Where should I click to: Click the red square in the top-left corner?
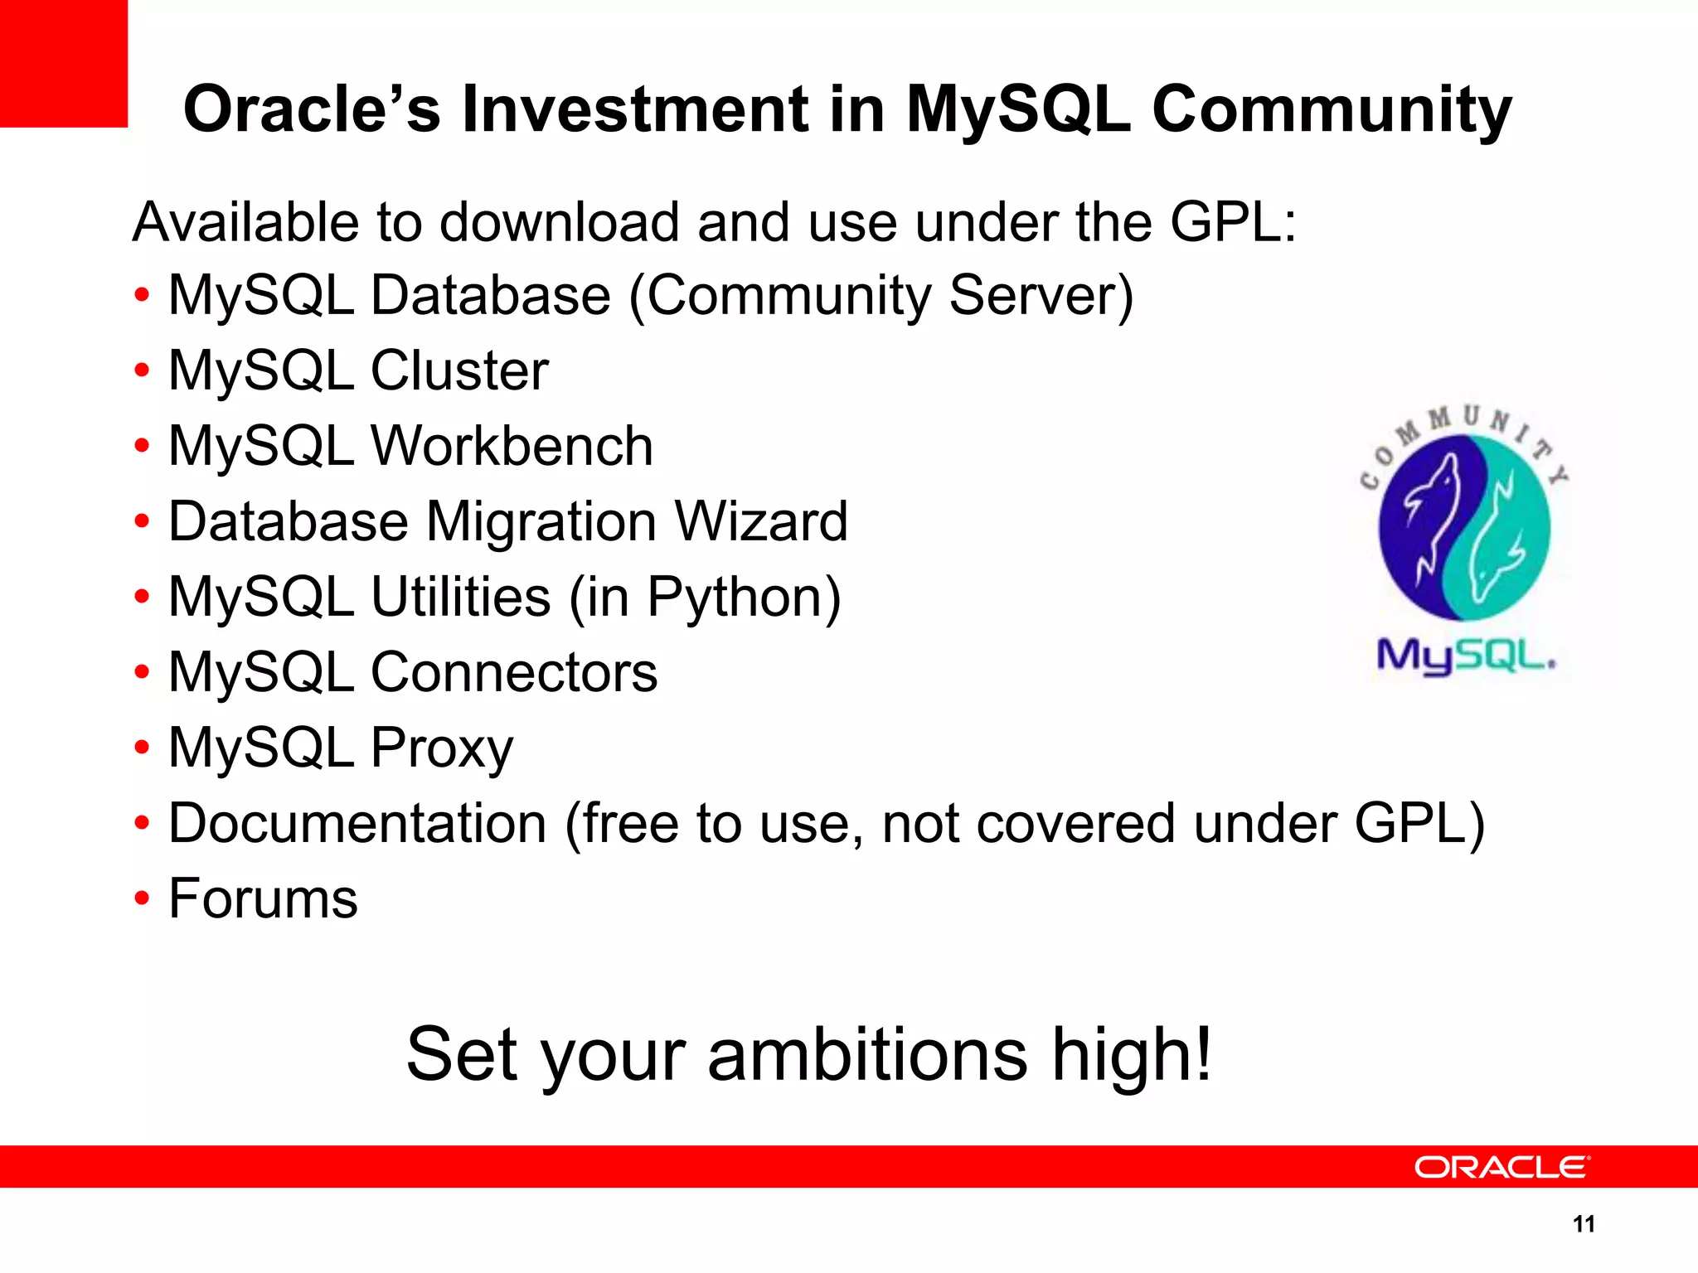(63, 63)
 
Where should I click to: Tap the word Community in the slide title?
(1332, 109)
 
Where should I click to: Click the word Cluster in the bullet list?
(459, 370)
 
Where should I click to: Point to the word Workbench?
(512, 446)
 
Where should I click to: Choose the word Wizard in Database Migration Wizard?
(761, 521)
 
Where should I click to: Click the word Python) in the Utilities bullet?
(744, 598)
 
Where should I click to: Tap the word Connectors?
(513, 672)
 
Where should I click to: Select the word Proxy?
(441, 748)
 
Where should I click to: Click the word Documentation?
(357, 824)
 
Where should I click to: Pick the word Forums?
(263, 899)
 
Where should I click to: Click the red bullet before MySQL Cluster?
(143, 370)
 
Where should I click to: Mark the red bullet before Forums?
(143, 899)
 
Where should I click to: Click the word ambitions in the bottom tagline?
(867, 1054)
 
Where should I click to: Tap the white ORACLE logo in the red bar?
(1502, 1167)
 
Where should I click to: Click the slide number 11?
(1584, 1224)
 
